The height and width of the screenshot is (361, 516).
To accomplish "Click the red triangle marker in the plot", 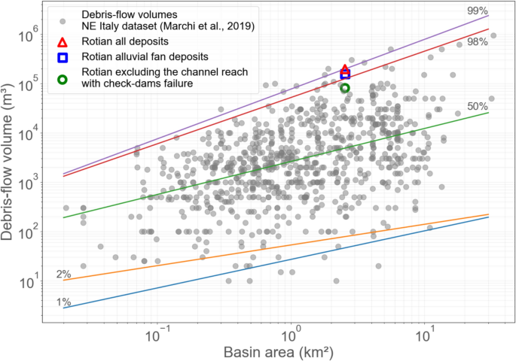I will pos(345,70).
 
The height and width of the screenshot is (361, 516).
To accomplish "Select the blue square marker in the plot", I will pos(345,74).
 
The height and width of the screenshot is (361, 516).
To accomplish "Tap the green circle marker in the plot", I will pos(345,88).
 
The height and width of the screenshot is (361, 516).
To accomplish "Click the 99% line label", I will pos(476,11).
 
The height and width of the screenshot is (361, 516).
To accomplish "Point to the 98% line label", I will pos(477,42).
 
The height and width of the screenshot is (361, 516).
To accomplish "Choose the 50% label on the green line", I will pos(478,107).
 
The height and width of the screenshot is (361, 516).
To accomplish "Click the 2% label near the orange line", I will pos(64,274).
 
